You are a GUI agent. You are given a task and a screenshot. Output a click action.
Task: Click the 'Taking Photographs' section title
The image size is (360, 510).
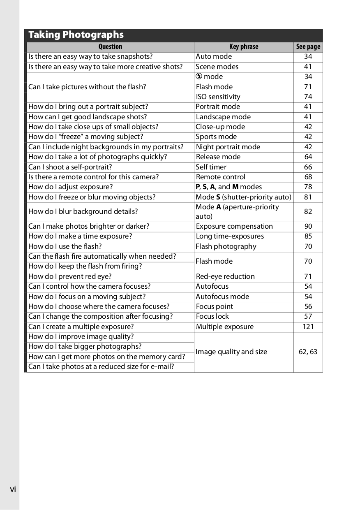coord(76,35)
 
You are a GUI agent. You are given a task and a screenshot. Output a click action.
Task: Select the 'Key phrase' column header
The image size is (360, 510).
coord(244,47)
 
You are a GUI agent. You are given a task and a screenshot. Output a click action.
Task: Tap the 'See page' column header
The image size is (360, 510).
coord(308,47)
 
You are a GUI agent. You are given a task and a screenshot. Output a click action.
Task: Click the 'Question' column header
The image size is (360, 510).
coord(110,47)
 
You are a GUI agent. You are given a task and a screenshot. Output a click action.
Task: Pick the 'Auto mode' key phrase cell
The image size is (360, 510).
coord(214,57)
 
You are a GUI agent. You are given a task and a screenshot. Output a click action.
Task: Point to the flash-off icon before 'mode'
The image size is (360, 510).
coord(199,76)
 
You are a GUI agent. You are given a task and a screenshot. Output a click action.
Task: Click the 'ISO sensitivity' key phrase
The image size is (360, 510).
coord(218,97)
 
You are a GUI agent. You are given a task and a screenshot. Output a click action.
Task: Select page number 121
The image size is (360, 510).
coord(308,327)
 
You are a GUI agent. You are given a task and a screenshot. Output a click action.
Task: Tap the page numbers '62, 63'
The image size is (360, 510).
coord(308,352)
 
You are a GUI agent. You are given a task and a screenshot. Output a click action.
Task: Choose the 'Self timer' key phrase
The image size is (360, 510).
coord(211,167)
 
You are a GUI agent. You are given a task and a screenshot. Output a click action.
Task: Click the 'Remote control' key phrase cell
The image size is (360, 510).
coord(220,177)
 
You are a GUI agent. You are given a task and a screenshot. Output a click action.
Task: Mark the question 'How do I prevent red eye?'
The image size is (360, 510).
coord(70,276)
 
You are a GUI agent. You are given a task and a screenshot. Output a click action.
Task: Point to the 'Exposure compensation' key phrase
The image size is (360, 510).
coord(234,226)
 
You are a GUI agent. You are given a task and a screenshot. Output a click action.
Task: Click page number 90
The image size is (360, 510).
coord(308,226)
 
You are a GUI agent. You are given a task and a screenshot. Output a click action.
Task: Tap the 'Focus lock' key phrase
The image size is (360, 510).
coord(212,316)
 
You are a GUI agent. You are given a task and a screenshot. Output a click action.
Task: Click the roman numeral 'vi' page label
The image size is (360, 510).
coord(13,489)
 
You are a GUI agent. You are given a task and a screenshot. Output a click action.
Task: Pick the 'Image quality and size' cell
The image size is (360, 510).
coord(231,352)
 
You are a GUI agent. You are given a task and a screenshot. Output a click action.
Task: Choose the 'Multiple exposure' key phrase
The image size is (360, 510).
coord(224,327)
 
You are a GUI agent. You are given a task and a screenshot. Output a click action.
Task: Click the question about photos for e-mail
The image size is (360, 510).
coord(101,366)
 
